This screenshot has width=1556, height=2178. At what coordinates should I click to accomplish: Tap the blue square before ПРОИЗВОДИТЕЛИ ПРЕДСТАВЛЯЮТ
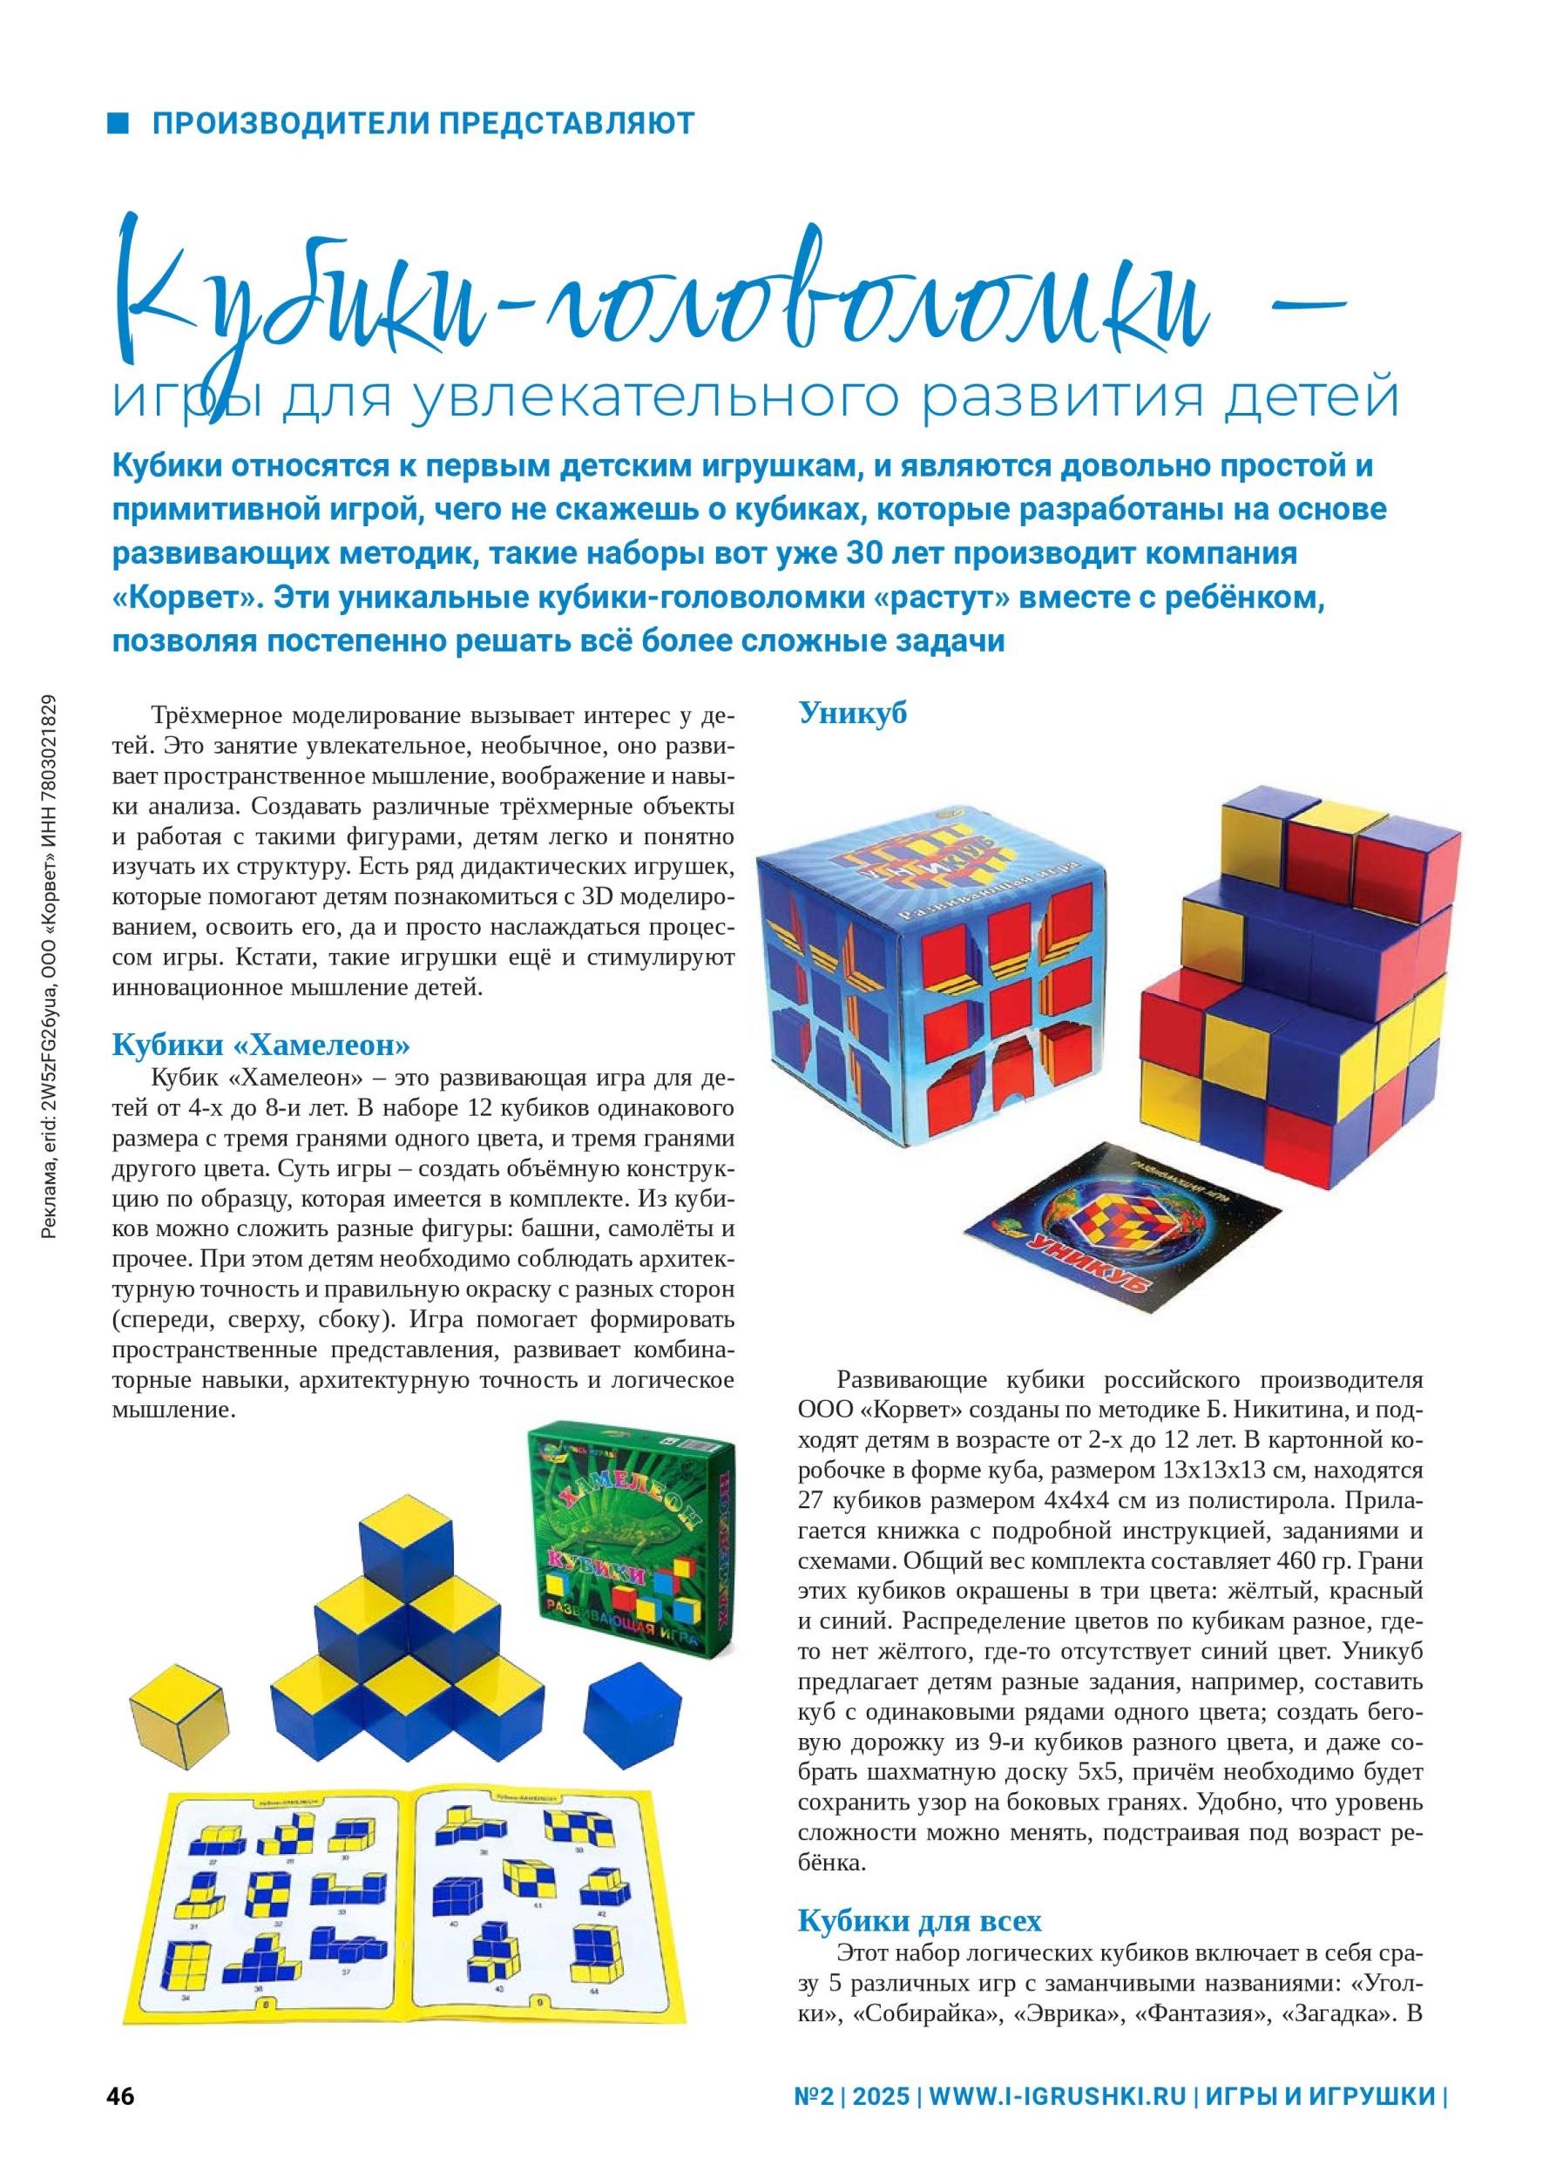pyautogui.click(x=118, y=123)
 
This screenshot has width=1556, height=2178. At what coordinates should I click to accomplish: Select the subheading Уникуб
pyautogui.click(x=852, y=713)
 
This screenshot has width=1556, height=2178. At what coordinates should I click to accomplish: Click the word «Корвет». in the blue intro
pyautogui.click(x=188, y=597)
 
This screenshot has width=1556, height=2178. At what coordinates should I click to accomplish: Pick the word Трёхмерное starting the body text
pyautogui.click(x=217, y=716)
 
